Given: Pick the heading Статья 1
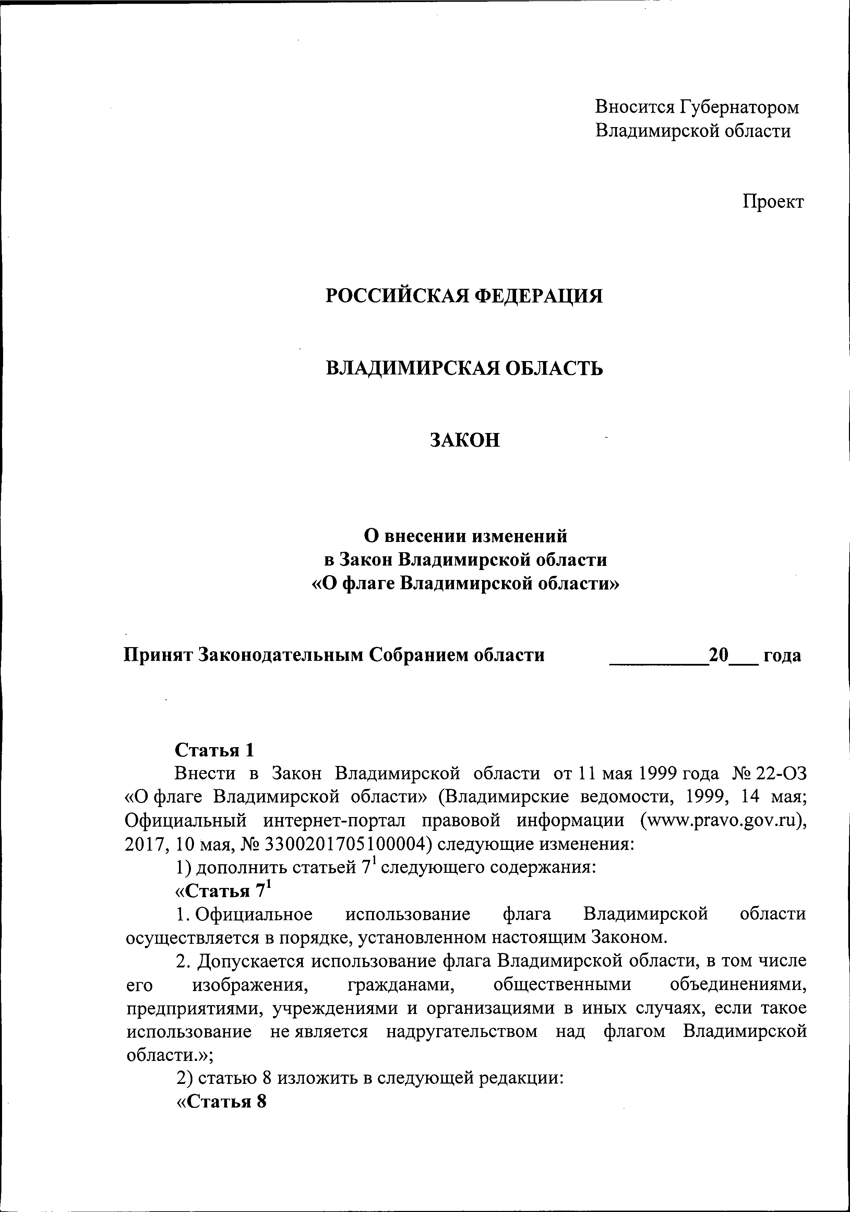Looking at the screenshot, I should (x=215, y=750).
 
